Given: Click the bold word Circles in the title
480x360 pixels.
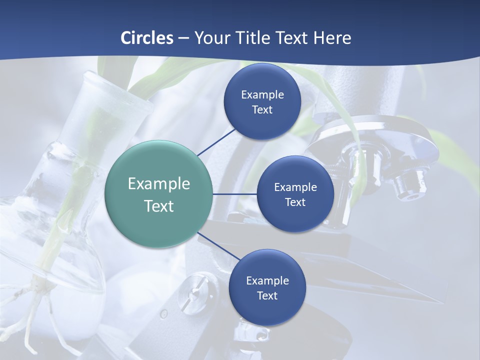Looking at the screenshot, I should (x=147, y=38).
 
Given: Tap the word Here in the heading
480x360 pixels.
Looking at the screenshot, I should (x=332, y=38).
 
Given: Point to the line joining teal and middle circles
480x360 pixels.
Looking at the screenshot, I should (x=235, y=194).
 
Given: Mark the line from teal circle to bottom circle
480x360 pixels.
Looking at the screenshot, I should (x=219, y=246).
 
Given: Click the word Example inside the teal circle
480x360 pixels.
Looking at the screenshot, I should (x=159, y=184).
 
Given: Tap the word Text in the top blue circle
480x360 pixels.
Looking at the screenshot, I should (x=262, y=110).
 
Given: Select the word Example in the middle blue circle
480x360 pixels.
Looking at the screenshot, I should (x=295, y=187).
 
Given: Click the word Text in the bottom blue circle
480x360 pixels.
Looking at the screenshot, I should (x=267, y=296).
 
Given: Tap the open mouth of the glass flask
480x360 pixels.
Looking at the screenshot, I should (x=119, y=90).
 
